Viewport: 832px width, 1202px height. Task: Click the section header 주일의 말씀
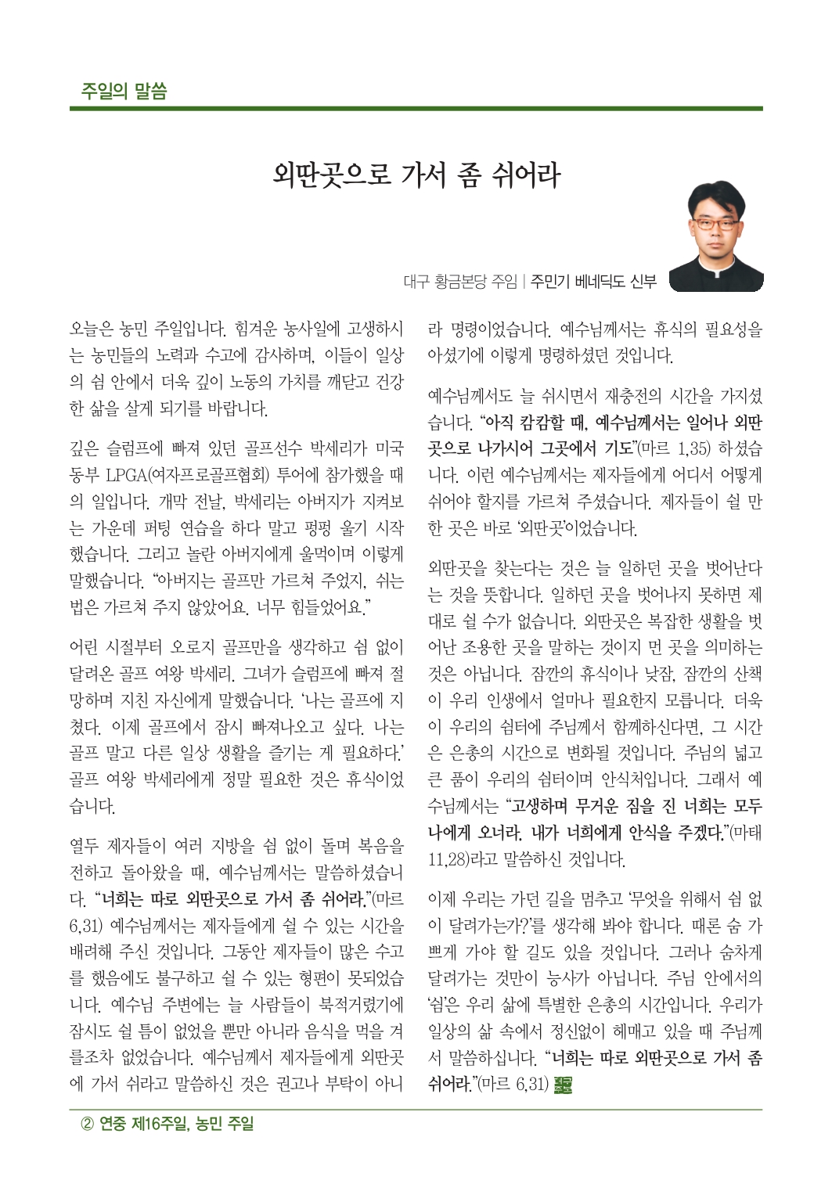pyautogui.click(x=124, y=90)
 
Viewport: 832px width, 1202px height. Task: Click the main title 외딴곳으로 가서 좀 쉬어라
pyautogui.click(x=416, y=175)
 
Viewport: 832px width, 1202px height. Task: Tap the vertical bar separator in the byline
pyautogui.click(x=524, y=281)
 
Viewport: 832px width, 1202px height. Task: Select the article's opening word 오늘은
pyautogui.click(x=91, y=329)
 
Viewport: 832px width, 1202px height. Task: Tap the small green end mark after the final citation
pyautogui.click(x=563, y=1085)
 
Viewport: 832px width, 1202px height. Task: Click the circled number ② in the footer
pyautogui.click(x=88, y=1124)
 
